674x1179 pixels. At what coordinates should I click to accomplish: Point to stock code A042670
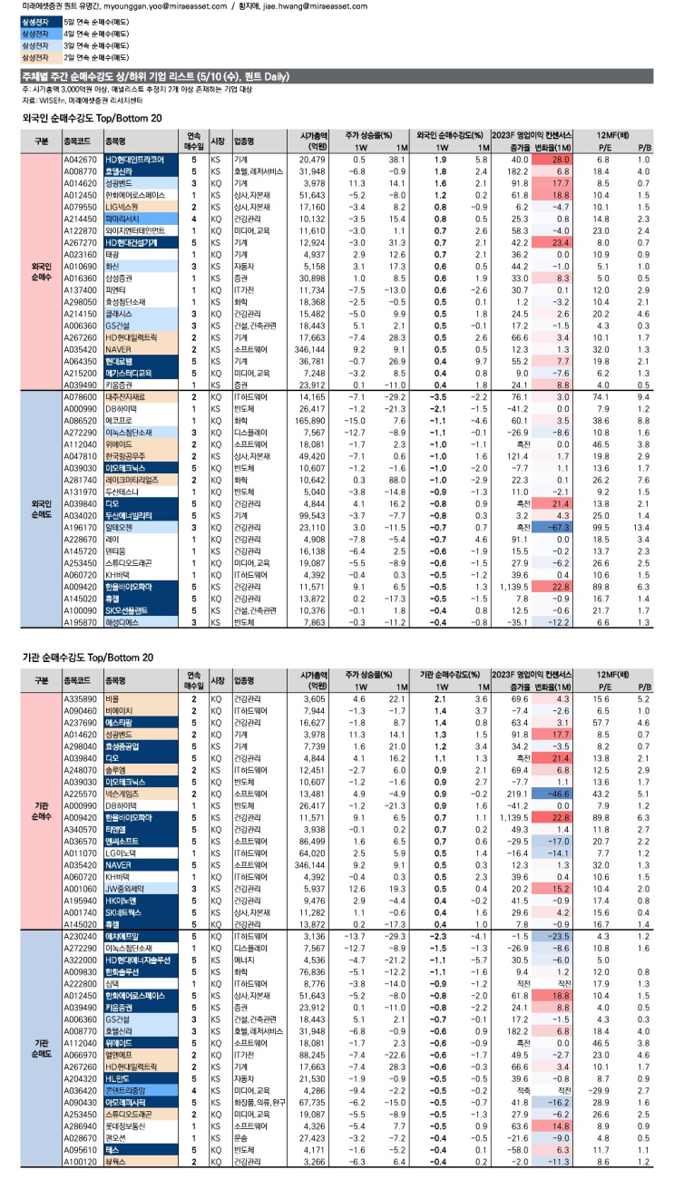pos(80,160)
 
